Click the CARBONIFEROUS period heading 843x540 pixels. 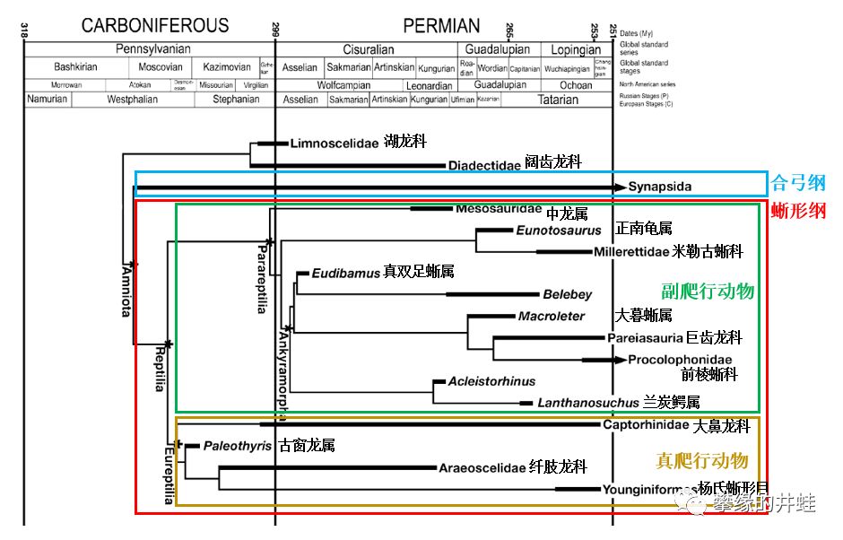pos(155,26)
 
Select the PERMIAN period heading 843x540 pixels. pos(441,26)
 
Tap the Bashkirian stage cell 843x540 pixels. pos(75,67)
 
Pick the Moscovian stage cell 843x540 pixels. pos(161,67)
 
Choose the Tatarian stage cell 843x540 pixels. pos(557,100)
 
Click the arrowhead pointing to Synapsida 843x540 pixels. pos(620,187)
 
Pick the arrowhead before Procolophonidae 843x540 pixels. pos(619,360)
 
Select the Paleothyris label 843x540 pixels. pos(237,446)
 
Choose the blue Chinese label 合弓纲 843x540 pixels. pos(798,185)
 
